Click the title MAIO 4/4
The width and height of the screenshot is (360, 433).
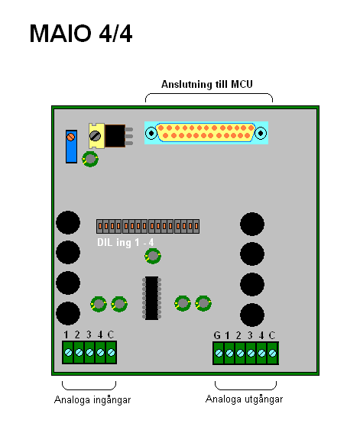point(81,34)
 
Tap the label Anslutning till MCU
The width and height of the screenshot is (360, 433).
point(207,84)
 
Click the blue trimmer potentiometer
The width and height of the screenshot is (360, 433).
point(71,147)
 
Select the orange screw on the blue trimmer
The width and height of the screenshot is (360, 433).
point(71,137)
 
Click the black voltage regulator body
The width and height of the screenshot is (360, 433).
point(115,136)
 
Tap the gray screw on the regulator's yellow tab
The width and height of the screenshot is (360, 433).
point(95,136)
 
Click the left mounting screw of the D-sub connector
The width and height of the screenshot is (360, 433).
point(151,133)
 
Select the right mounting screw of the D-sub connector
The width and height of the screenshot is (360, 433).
point(261,133)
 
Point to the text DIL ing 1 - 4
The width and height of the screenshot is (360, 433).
point(125,242)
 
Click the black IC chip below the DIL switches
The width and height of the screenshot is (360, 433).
point(151,298)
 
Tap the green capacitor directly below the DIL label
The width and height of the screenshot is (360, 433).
point(153,256)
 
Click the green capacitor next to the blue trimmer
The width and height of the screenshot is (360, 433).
point(90,159)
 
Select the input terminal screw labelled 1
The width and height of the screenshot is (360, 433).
point(68,352)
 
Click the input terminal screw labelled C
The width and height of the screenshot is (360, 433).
point(111,352)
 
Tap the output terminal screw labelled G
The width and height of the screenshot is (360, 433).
point(219,353)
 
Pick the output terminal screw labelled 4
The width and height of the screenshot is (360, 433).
point(261,353)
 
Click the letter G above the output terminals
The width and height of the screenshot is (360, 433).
point(217,335)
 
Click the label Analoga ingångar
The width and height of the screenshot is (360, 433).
point(92,400)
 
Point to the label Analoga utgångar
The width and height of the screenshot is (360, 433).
point(245,399)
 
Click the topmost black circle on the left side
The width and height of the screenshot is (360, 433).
point(68,222)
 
